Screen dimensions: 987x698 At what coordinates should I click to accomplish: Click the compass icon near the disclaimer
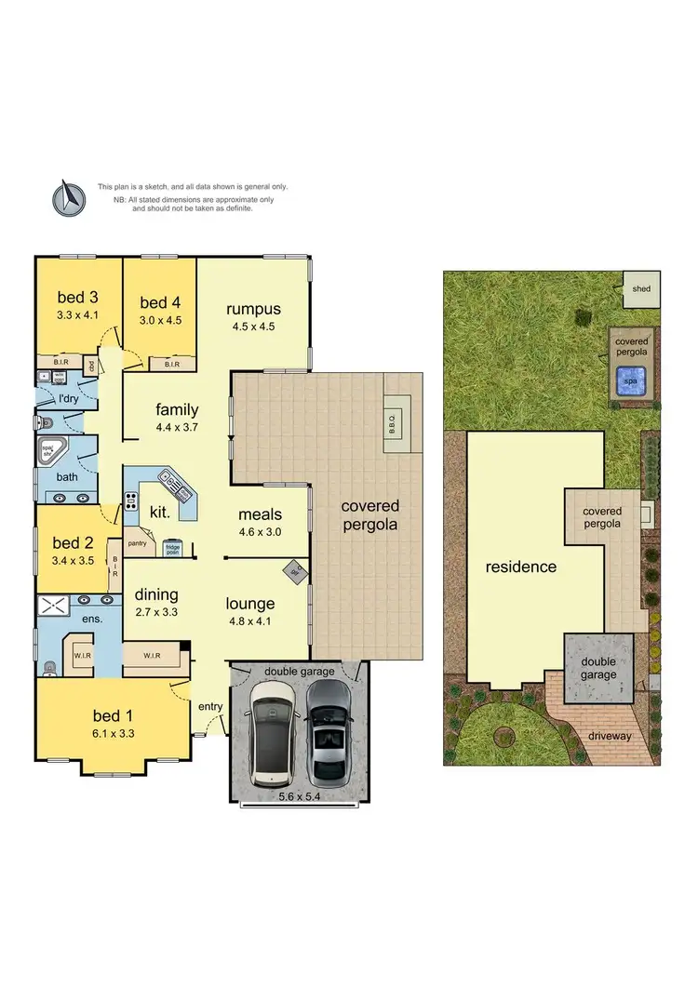click(x=68, y=197)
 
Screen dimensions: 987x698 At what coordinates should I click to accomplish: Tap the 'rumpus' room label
click(x=254, y=309)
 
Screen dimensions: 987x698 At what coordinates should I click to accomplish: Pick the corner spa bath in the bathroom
click(x=48, y=453)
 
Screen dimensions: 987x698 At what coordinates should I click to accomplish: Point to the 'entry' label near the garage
click(x=210, y=706)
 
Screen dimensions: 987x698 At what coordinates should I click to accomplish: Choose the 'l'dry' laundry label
click(x=68, y=399)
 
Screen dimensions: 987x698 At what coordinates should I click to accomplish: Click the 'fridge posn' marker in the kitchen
click(x=172, y=549)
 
